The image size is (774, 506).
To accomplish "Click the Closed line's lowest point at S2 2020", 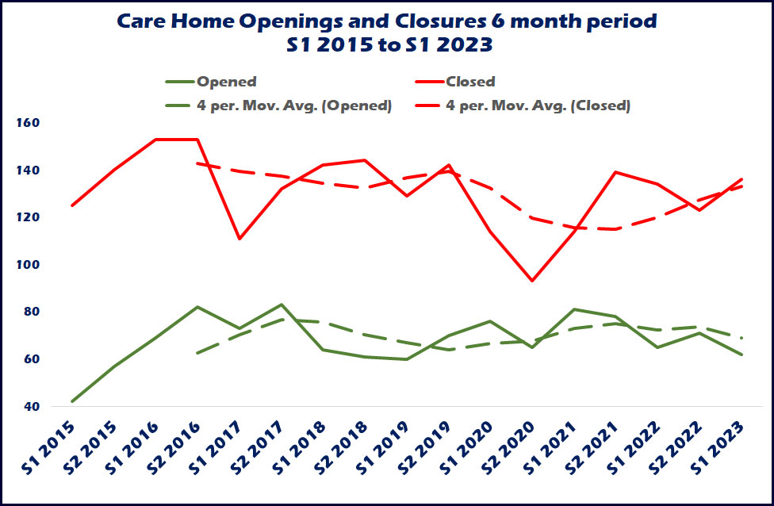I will coord(532,281).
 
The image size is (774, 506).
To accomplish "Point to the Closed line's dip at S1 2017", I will coord(239,239).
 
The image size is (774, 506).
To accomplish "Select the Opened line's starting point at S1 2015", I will coord(72,401).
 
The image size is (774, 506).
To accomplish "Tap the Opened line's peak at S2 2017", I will coord(282,305).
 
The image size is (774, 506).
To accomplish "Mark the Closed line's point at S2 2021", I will coord(616,172).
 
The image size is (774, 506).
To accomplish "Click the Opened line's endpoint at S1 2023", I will coord(742,355).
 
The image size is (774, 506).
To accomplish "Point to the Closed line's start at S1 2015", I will coord(72,205).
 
